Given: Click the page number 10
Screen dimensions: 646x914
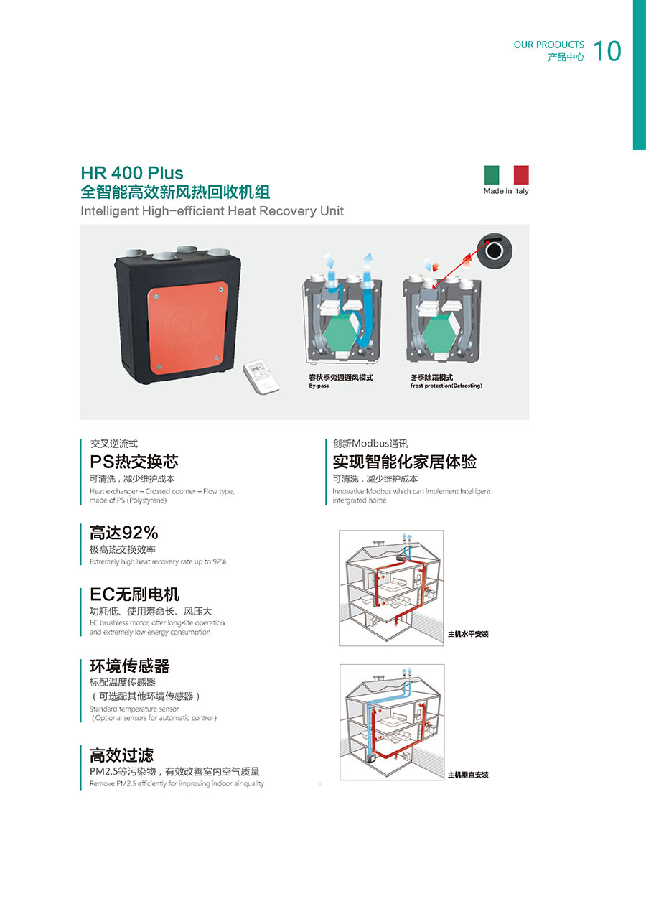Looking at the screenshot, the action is coord(607,51).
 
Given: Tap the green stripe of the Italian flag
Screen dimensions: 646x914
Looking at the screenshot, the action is coord(492,174).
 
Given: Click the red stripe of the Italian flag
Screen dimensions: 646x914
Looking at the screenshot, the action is coord(521,174).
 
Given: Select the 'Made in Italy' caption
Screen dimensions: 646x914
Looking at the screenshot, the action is coord(506,191).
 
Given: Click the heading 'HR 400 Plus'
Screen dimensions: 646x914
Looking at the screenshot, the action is coord(132,173).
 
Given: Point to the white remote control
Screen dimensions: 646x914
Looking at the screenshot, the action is coord(261,377).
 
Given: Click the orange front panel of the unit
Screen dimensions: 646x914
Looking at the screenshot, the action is coord(187,328).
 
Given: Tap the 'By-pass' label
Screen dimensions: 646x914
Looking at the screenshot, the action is coord(319,386).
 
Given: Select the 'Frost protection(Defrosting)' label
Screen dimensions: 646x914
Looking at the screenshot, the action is coord(446,386).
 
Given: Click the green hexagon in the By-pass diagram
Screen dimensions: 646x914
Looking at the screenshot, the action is coord(341,335).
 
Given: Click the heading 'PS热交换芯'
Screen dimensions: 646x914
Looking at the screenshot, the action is coord(134,462).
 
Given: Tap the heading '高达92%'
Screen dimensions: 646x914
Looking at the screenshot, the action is coord(124,533).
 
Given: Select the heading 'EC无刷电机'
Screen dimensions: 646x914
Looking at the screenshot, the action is coord(135,594).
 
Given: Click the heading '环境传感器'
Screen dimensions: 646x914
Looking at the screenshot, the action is coord(130,666).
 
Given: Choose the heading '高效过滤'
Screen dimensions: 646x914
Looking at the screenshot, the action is coord(121,755).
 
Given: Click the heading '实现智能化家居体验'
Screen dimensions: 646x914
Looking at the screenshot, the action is coord(405,462).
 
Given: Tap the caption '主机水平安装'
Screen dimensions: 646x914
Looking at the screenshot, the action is coord(468,634).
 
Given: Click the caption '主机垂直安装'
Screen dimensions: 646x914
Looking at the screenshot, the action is coord(468,775).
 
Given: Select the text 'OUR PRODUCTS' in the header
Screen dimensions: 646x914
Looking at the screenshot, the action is coord(549,45).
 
